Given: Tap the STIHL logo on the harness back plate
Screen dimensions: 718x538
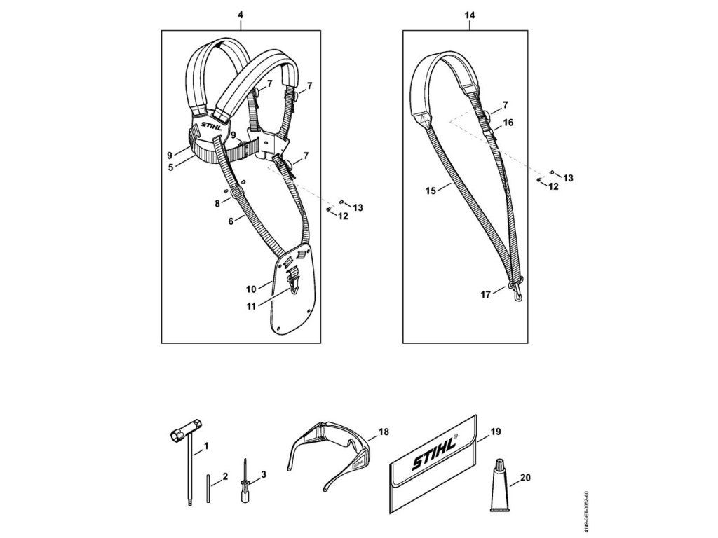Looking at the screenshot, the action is tap(212, 128).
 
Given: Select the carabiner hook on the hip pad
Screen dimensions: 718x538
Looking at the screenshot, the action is tap(295, 283).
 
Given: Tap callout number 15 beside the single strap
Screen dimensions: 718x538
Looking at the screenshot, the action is tap(431, 190).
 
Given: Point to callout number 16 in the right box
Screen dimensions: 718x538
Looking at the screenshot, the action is tap(509, 122).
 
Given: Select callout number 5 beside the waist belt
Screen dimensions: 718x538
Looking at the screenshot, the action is tap(170, 167).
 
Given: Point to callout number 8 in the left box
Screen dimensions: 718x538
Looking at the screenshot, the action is tap(217, 203).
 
